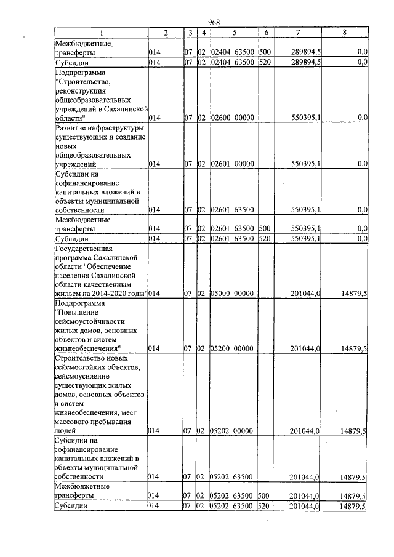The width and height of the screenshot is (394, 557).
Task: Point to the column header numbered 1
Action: tap(101, 32)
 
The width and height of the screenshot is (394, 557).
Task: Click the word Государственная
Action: tap(83, 248)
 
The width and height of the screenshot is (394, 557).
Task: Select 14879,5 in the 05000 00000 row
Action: tap(354, 295)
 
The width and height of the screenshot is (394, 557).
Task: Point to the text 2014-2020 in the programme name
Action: tap(104, 295)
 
